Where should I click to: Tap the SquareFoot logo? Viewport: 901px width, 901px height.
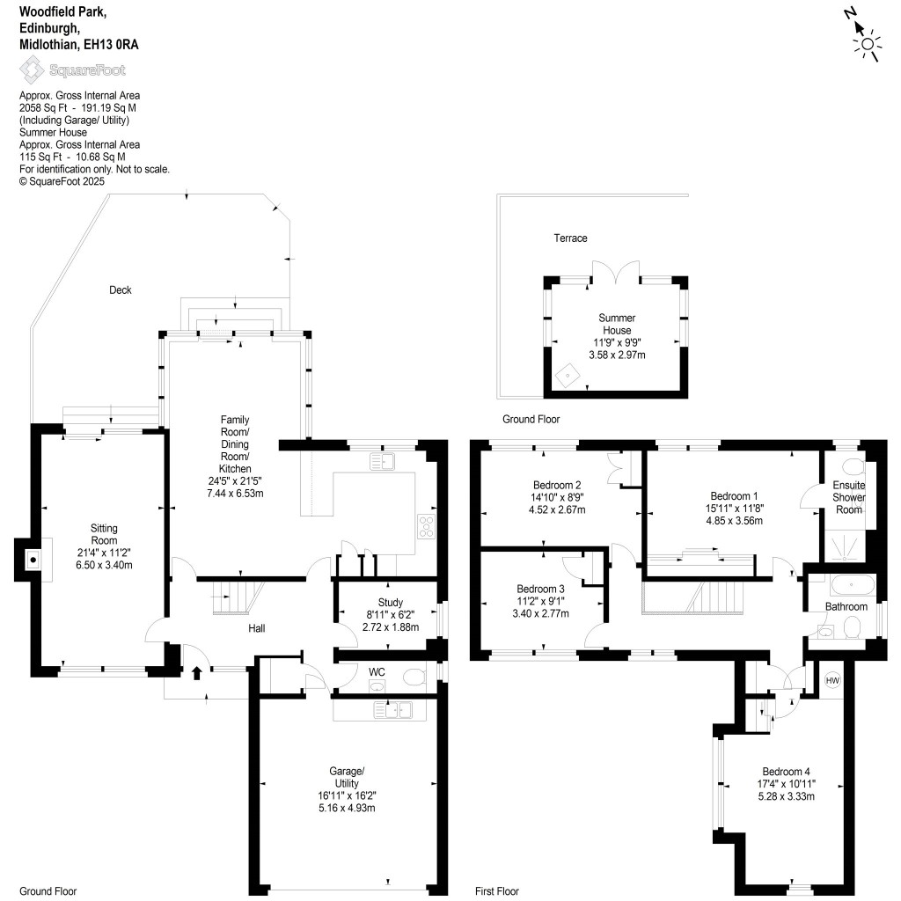72,70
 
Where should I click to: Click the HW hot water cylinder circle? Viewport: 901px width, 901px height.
832,680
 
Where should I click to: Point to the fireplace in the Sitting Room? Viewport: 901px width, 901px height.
32,559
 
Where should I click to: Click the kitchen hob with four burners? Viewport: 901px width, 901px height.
427,526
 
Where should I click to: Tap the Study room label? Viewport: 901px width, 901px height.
390,603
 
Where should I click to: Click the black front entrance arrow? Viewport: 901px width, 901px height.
196,673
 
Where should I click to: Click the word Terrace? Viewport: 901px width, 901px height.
570,238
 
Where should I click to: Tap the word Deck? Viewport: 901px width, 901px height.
120,289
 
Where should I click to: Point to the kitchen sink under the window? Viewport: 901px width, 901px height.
384,460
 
